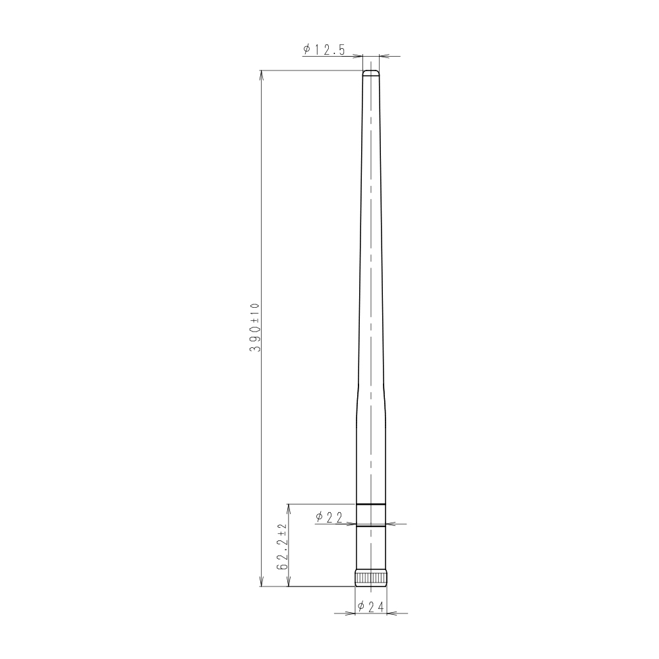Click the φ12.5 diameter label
coord(324,49)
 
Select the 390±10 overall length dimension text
coord(255,328)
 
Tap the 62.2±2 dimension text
coord(281,546)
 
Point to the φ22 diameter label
coord(329,517)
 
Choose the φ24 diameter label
coord(370,606)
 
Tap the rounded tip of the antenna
coord(370,72)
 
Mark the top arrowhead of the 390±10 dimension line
coord(262,75)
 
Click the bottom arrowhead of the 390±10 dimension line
coord(262,582)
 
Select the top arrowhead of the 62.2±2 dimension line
coord(288,509)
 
